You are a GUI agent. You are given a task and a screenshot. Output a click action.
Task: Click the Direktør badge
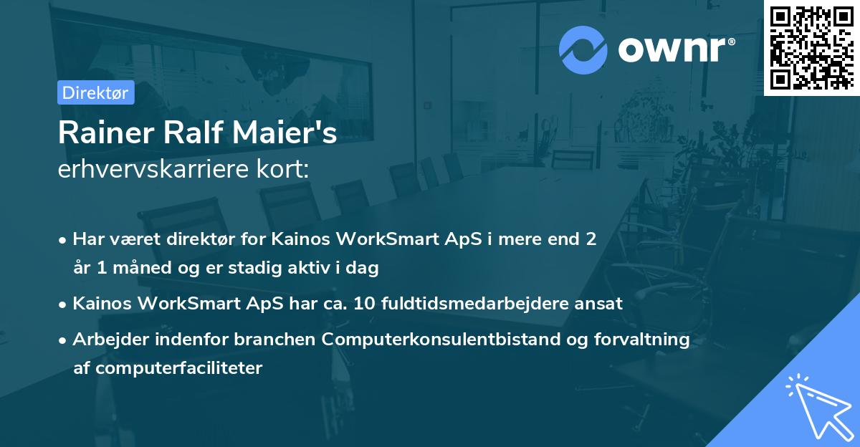click(96, 92)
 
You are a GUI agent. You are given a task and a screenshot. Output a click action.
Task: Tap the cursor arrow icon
click(817, 404)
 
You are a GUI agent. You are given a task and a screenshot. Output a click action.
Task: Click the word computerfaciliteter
click(168, 368)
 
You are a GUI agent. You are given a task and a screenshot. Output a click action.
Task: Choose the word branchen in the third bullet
click(282, 339)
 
